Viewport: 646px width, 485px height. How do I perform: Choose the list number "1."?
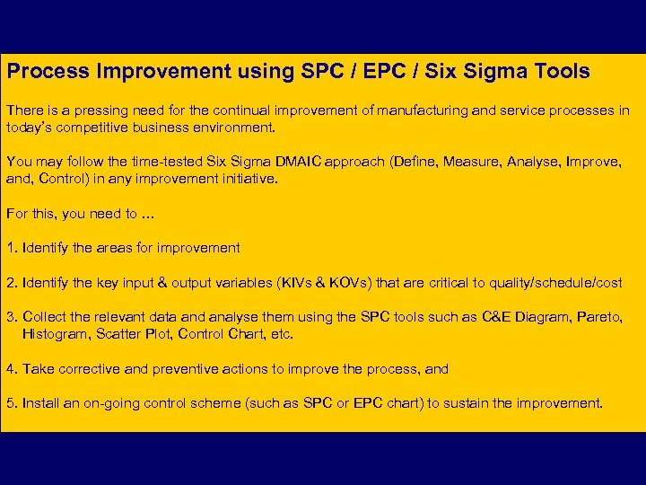[12, 248]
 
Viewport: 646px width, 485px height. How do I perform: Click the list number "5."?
[12, 403]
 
